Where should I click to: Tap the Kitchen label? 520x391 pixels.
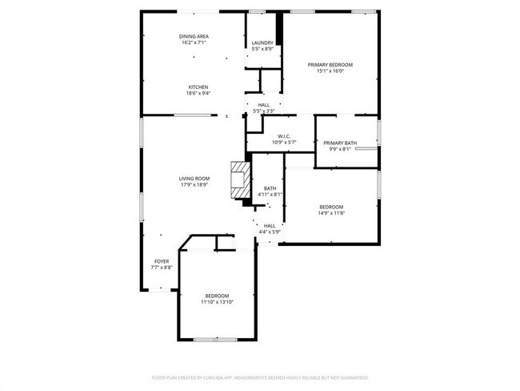tap(198, 87)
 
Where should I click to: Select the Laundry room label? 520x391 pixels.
tap(262, 43)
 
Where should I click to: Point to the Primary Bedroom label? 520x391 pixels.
tap(330, 64)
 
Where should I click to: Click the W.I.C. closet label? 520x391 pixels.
tap(284, 136)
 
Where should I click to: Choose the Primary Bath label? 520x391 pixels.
tap(340, 143)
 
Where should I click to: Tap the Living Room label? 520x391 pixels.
tap(194, 178)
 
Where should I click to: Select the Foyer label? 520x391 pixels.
tap(162, 261)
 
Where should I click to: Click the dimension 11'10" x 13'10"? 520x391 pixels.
tap(217, 302)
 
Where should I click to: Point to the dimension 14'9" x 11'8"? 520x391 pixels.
tap(331, 212)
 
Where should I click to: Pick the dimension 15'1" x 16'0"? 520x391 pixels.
tap(330, 71)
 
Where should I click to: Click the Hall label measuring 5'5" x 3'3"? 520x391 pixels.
tap(264, 105)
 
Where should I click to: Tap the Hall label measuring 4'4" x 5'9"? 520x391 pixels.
tap(270, 226)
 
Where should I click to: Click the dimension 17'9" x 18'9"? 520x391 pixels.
tap(194, 184)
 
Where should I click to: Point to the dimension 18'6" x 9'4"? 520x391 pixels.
tap(198, 93)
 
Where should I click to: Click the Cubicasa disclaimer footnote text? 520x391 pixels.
tap(260, 377)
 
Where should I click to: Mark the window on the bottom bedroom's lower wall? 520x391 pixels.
tap(216, 340)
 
